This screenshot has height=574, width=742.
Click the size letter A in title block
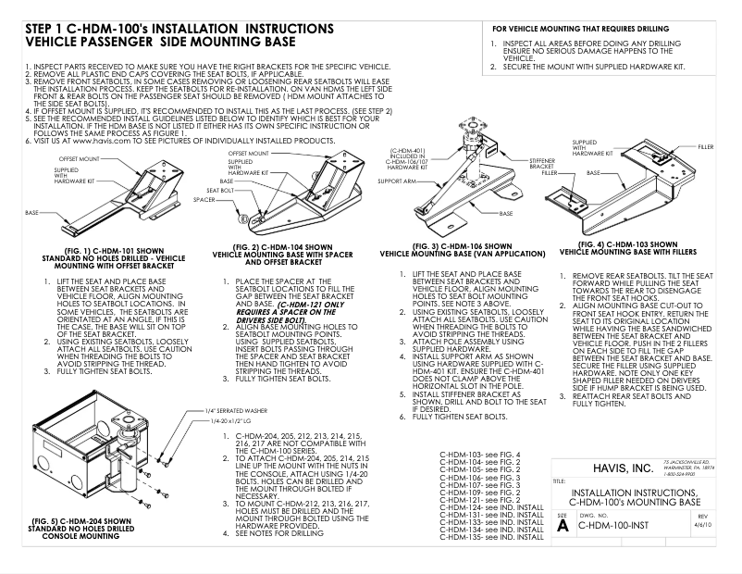pyautogui.click(x=563, y=524)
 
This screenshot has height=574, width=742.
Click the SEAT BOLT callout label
pyautogui.click(x=218, y=190)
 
